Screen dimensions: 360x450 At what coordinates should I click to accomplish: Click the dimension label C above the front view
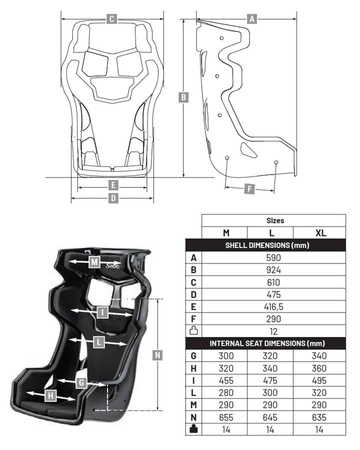click(x=112, y=19)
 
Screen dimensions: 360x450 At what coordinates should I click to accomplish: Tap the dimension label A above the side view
click(x=252, y=19)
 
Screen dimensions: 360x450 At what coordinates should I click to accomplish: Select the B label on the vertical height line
click(x=183, y=97)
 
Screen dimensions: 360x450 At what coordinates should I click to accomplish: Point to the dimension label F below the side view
click(x=250, y=189)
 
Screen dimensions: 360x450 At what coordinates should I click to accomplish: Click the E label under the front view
click(x=114, y=185)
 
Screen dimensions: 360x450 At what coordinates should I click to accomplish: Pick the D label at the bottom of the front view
click(x=114, y=198)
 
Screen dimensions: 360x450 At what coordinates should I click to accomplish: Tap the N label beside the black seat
click(x=157, y=355)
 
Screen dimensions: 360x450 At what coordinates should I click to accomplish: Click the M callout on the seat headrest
click(x=94, y=262)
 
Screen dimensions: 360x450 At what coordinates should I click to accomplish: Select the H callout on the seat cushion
click(x=50, y=396)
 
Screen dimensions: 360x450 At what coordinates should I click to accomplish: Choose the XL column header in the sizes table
click(x=320, y=233)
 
